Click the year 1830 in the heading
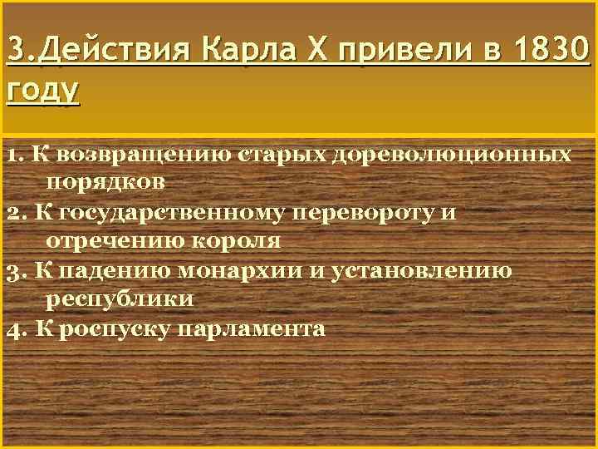[550, 52]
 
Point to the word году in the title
[42, 86]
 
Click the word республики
[120, 299]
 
